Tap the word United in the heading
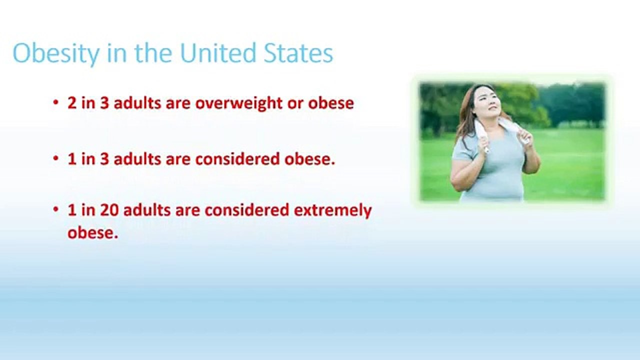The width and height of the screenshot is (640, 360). tap(218, 52)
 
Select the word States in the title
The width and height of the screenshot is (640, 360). tap(298, 53)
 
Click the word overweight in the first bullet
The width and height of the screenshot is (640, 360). tap(239, 103)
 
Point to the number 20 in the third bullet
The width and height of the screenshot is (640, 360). tap(109, 210)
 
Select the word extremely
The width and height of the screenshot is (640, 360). tap(333, 211)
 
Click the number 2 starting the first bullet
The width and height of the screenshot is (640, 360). tap(72, 103)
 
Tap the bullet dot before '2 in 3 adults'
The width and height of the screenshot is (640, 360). tap(55, 102)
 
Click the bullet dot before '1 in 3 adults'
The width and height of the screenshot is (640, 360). tap(55, 158)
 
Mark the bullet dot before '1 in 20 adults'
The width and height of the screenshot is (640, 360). tap(55, 209)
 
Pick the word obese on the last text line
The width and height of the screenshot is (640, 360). tap(92, 232)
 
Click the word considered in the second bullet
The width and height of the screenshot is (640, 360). tap(237, 159)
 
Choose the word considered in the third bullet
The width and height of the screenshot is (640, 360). tap(247, 210)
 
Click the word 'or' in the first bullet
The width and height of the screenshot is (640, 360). tap(295, 103)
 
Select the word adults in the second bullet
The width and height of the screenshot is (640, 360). tap(137, 159)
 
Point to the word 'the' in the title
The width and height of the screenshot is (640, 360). tap(153, 53)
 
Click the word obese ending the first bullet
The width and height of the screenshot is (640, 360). tap(331, 103)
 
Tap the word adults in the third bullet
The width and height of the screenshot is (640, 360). tap(147, 210)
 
